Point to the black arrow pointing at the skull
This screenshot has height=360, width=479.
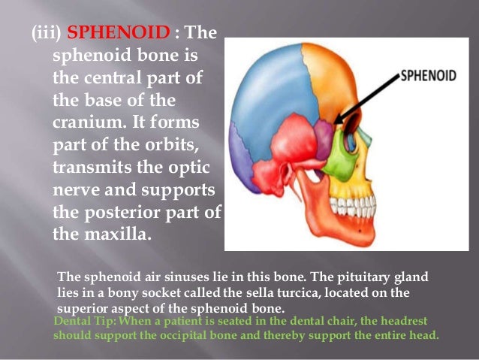click(372, 96)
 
